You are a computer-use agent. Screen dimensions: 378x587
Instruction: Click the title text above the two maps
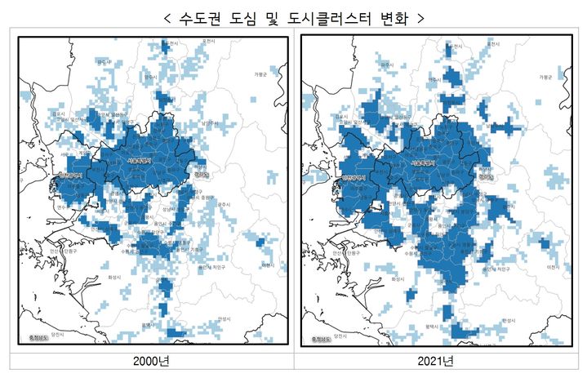293,16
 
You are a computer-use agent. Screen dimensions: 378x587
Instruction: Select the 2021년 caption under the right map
440,361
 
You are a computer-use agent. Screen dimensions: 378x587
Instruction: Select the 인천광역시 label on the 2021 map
353,176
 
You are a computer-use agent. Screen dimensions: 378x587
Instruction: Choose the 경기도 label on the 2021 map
487,174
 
